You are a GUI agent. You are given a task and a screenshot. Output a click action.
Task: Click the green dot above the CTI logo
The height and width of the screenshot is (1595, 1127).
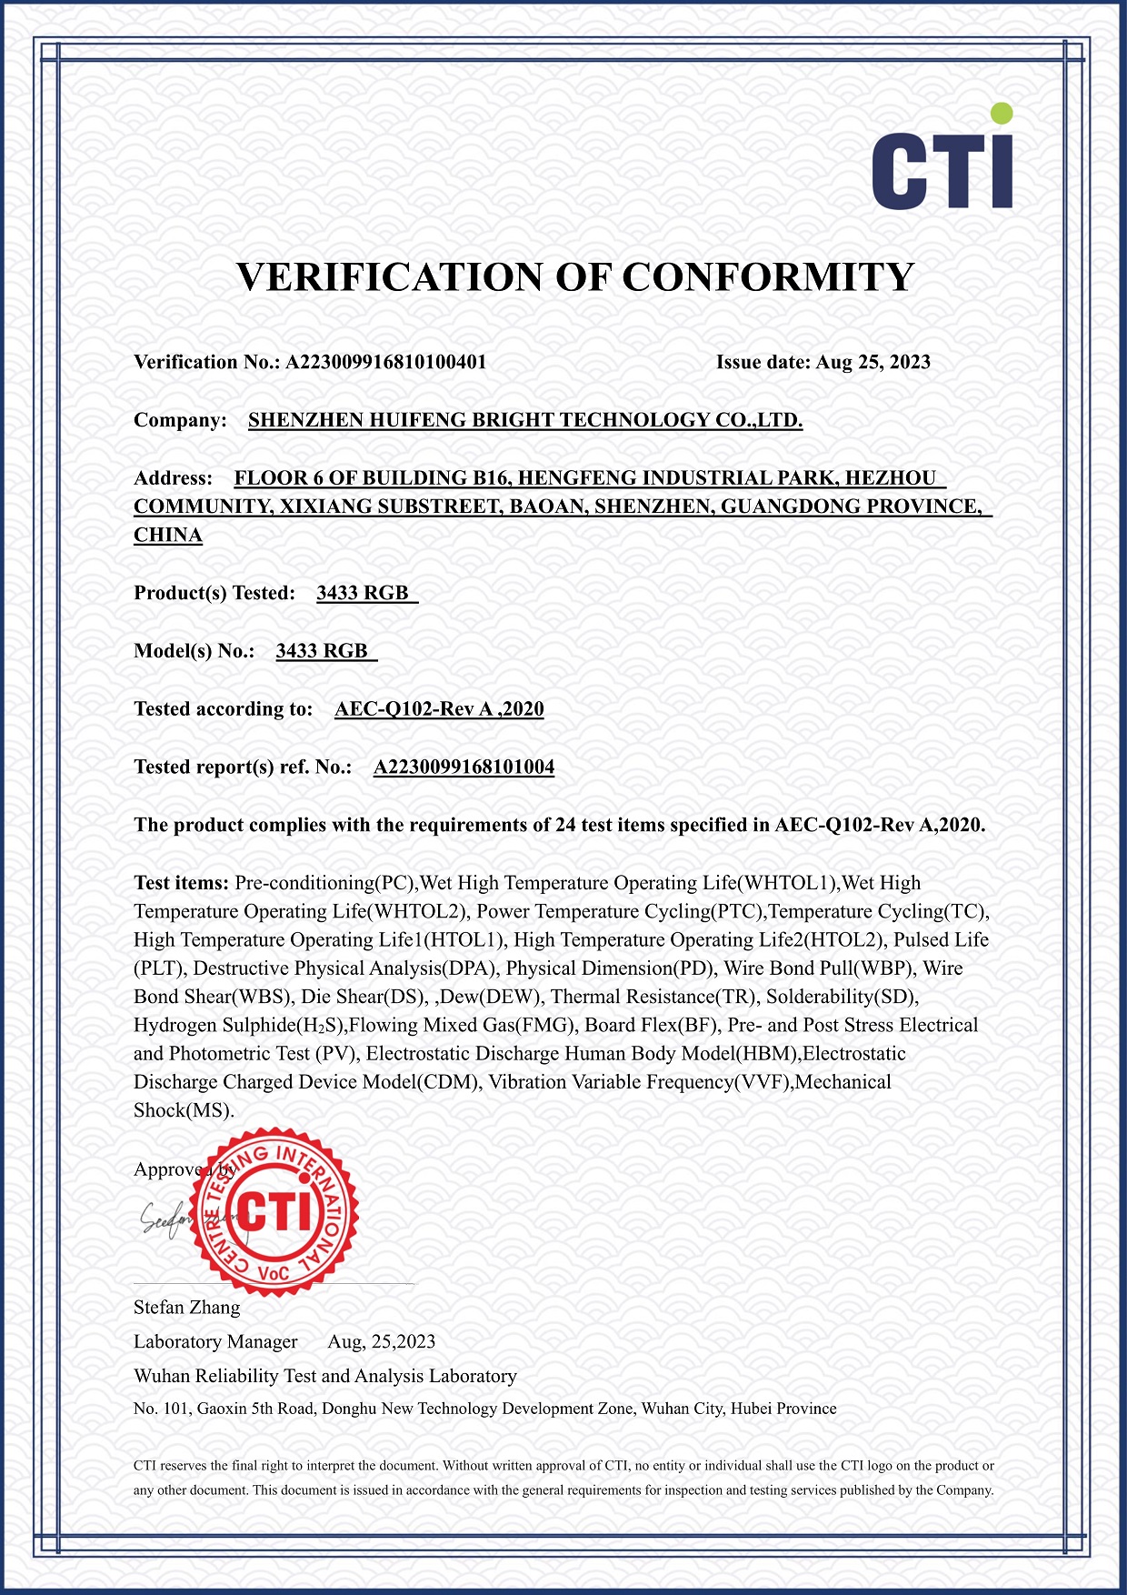tap(1001, 113)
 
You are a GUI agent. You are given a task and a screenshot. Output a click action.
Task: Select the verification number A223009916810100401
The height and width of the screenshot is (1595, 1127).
tap(385, 362)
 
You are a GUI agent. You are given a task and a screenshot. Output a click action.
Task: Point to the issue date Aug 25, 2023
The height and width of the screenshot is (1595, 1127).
tap(873, 362)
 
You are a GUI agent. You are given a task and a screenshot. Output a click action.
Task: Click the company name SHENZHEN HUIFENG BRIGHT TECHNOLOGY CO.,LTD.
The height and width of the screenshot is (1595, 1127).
tap(525, 420)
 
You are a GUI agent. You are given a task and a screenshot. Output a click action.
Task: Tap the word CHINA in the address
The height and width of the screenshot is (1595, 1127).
tap(168, 535)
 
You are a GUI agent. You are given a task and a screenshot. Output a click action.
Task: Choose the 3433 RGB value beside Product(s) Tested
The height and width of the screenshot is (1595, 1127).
tap(363, 593)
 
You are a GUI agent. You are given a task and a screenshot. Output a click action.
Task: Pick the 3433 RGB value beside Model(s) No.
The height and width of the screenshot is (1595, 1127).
tap(322, 651)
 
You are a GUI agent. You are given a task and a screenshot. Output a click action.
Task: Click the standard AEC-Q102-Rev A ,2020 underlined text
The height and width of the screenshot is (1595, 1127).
tap(439, 709)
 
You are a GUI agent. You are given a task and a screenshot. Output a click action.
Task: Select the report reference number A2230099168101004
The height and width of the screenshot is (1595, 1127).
tap(464, 767)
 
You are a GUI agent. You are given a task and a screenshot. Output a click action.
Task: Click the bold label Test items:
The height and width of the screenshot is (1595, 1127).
tap(181, 883)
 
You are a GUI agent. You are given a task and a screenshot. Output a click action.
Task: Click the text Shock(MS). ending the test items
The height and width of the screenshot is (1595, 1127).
tap(184, 1110)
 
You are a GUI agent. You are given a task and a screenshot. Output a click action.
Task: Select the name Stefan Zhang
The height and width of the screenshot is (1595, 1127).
tap(186, 1308)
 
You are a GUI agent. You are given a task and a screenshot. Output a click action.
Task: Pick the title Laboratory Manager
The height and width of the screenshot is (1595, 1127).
tap(215, 1341)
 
